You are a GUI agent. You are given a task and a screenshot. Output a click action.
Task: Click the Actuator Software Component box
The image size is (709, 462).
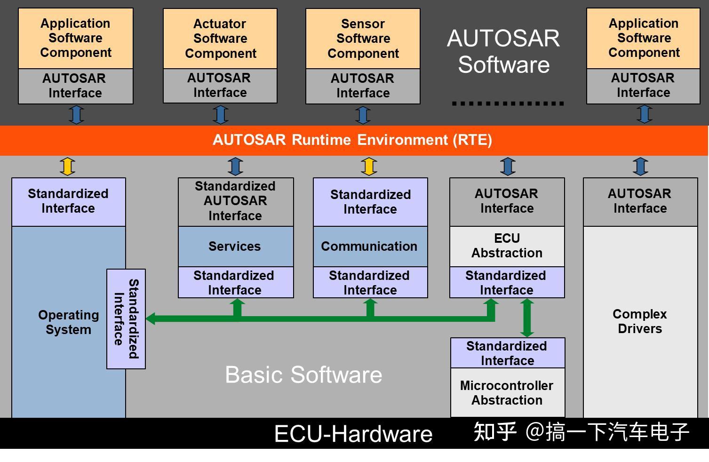[220, 39]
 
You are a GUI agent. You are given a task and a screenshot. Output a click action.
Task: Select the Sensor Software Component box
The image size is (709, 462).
[363, 39]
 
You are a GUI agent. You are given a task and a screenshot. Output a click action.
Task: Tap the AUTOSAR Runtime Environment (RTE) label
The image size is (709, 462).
[352, 140]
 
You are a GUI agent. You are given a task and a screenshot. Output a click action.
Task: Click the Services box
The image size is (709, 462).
[235, 247]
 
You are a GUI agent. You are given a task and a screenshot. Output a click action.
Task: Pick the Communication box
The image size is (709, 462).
[370, 247]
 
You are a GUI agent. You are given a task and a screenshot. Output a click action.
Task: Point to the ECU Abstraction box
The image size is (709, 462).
[507, 246]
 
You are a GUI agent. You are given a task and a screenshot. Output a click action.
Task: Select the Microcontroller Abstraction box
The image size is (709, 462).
[507, 393]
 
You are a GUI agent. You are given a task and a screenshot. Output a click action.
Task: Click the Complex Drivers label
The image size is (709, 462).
[640, 321]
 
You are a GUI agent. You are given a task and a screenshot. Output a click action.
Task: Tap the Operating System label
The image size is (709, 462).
[69, 322]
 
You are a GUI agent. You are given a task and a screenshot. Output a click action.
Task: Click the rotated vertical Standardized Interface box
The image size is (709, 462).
[126, 319]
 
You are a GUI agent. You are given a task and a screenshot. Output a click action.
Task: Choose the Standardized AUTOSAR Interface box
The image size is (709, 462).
[235, 201]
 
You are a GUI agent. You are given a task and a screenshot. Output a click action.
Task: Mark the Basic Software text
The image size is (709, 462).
[303, 375]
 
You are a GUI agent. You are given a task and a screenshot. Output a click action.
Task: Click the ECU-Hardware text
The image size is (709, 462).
[353, 434]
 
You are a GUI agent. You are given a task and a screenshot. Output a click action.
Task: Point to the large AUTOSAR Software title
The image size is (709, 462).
[503, 51]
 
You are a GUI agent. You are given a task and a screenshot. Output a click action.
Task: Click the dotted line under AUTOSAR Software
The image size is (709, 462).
[508, 104]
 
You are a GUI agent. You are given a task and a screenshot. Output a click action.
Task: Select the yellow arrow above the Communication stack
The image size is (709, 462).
[369, 167]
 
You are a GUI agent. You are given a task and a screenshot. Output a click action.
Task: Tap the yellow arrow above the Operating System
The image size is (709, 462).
[67, 167]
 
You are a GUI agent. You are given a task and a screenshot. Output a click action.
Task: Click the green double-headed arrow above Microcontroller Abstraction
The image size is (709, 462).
[527, 318]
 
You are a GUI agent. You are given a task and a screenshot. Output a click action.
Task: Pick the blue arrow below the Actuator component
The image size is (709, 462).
[220, 114]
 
